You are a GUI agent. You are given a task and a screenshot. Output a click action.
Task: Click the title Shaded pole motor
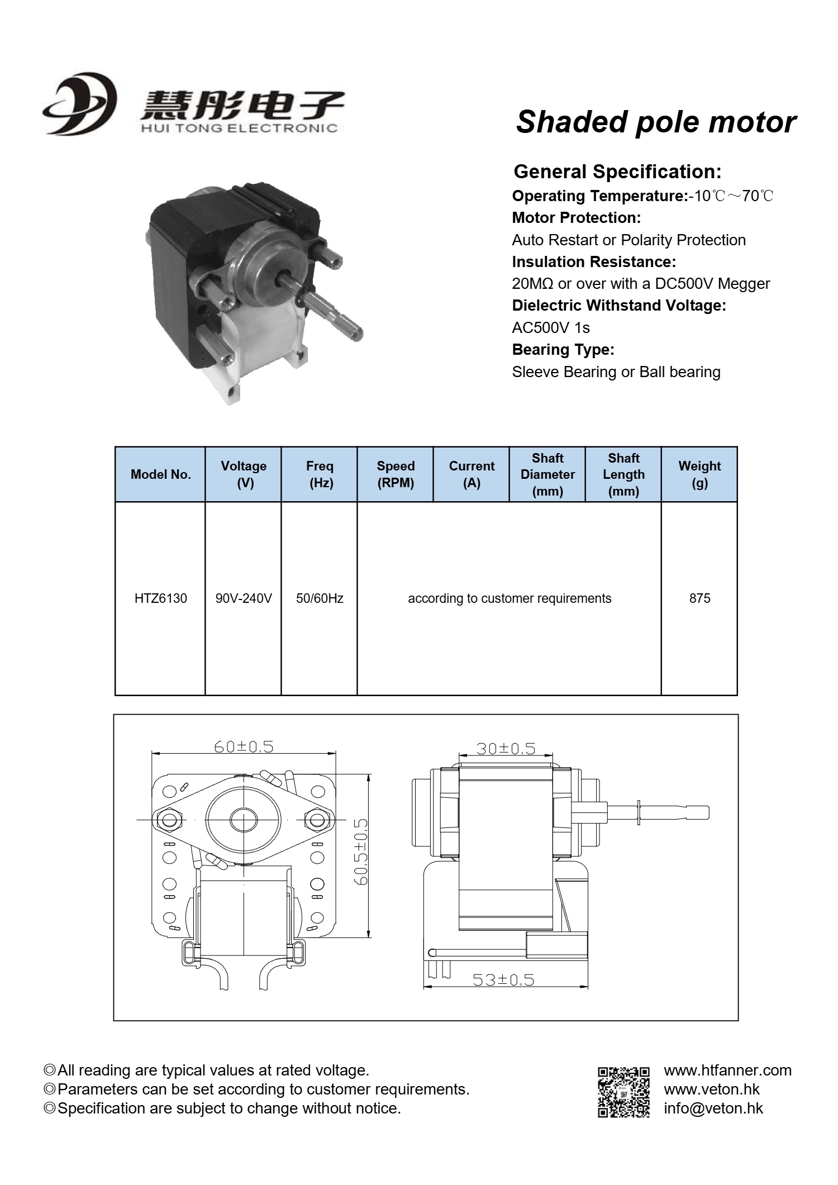coord(656,122)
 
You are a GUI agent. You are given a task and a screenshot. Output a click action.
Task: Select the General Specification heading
coord(617,172)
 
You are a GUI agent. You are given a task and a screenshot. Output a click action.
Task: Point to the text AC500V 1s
coord(551,328)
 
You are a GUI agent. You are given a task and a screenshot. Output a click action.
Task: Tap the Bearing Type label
coord(563,350)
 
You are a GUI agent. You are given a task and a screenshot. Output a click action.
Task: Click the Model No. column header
coord(160,475)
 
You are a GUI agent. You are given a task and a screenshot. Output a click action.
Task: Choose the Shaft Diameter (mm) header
coord(547,475)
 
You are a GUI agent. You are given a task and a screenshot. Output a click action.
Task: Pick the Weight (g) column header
coord(699,475)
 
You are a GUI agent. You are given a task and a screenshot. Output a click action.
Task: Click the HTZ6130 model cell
coord(160,598)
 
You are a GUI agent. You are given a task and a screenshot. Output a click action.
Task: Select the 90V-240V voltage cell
coord(244,598)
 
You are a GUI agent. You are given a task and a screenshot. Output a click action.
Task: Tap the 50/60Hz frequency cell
coord(320,598)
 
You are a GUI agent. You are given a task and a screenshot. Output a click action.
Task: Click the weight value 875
coord(699,598)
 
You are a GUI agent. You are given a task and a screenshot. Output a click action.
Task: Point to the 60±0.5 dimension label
coord(244,747)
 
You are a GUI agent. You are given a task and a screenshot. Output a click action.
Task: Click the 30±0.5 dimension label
coord(506,748)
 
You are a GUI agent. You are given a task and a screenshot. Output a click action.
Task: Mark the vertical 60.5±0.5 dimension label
coord(361,851)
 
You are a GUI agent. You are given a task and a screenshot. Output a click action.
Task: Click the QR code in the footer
coord(623,1092)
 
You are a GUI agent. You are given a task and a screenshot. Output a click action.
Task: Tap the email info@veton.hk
coord(713,1108)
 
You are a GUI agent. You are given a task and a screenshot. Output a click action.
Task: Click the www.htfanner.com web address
coord(727,1070)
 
